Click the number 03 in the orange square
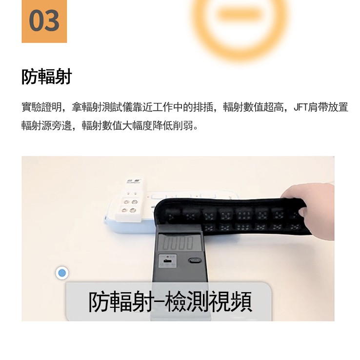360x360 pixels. coord(44,20)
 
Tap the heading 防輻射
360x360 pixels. coord(47,77)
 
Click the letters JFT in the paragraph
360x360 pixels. coord(300,107)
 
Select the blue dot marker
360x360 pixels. coord(62,273)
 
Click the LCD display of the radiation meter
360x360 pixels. coord(179,242)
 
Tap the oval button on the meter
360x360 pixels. coord(195,260)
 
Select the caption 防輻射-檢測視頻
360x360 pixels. coord(170,302)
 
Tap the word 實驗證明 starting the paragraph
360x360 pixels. coord(41,107)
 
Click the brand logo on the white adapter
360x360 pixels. coord(134,181)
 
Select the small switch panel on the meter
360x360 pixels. coord(168,260)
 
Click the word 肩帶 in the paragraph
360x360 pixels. coord(317,107)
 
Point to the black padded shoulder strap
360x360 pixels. coord(232,216)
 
